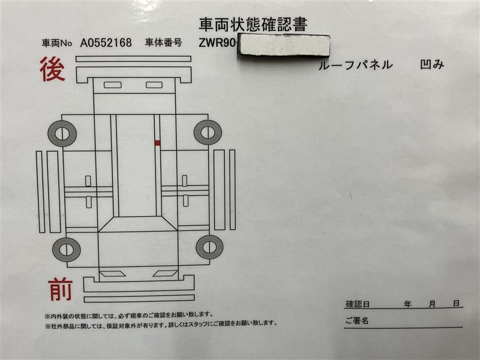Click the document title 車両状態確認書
click(x=253, y=25)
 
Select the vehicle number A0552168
click(x=106, y=43)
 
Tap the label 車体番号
click(x=163, y=43)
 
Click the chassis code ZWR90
click(x=217, y=43)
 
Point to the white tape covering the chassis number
click(x=284, y=44)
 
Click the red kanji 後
click(x=52, y=69)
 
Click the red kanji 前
click(x=61, y=289)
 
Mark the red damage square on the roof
click(x=157, y=143)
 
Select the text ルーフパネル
click(x=355, y=65)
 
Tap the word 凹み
click(x=432, y=64)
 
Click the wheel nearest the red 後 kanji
click(x=62, y=133)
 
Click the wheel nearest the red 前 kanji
click(x=67, y=249)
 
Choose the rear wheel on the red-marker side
click(x=208, y=132)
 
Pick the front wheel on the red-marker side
click(x=209, y=247)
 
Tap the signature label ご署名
click(x=357, y=320)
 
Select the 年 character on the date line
click(x=407, y=304)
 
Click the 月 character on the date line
click(x=432, y=304)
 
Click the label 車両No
click(x=56, y=43)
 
